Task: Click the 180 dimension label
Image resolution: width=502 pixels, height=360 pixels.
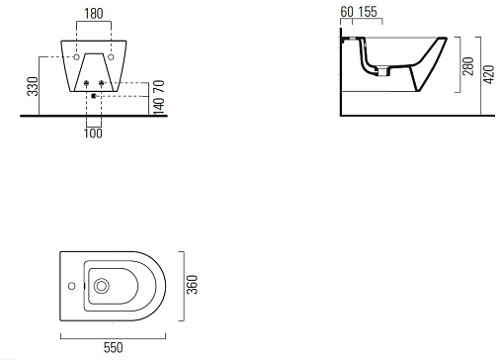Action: coord(94,14)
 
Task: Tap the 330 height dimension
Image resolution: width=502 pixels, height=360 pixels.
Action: coord(33,86)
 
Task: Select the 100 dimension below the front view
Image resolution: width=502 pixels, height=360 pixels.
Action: coord(93,134)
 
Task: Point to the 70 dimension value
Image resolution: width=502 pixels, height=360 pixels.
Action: coord(159,86)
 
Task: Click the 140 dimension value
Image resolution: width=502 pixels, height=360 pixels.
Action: coord(159,106)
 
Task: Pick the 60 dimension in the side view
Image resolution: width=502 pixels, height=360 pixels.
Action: coord(347,12)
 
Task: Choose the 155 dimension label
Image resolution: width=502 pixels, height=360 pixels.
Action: coord(368,12)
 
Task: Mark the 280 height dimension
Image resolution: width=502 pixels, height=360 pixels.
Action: coord(468,66)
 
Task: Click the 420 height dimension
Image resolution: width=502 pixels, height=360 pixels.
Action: coord(489,74)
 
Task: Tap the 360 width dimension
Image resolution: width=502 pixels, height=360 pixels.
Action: coord(192,285)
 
